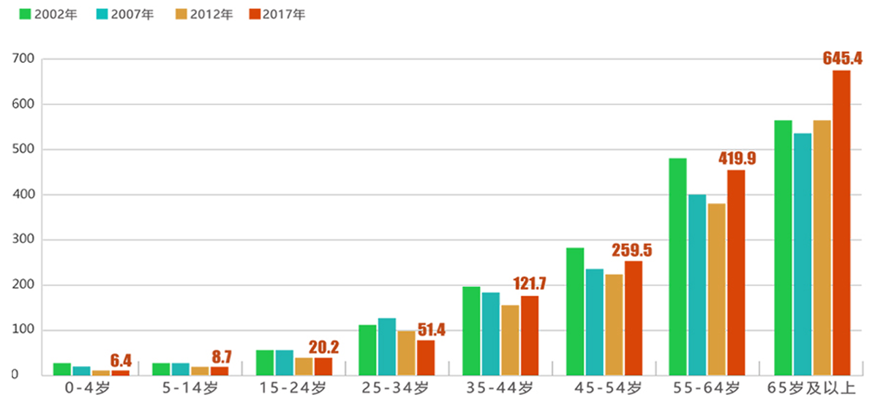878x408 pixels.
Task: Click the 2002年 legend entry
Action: tap(45, 15)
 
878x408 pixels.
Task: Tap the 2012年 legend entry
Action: tap(203, 15)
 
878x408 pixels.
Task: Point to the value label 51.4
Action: tap(431, 330)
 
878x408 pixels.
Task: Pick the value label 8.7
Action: tap(221, 357)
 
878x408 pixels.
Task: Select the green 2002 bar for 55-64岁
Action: tap(678, 267)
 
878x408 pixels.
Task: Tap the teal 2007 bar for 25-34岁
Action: tap(387, 346)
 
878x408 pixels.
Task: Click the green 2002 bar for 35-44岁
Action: tap(471, 331)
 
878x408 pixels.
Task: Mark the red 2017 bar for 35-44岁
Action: tap(530, 335)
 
